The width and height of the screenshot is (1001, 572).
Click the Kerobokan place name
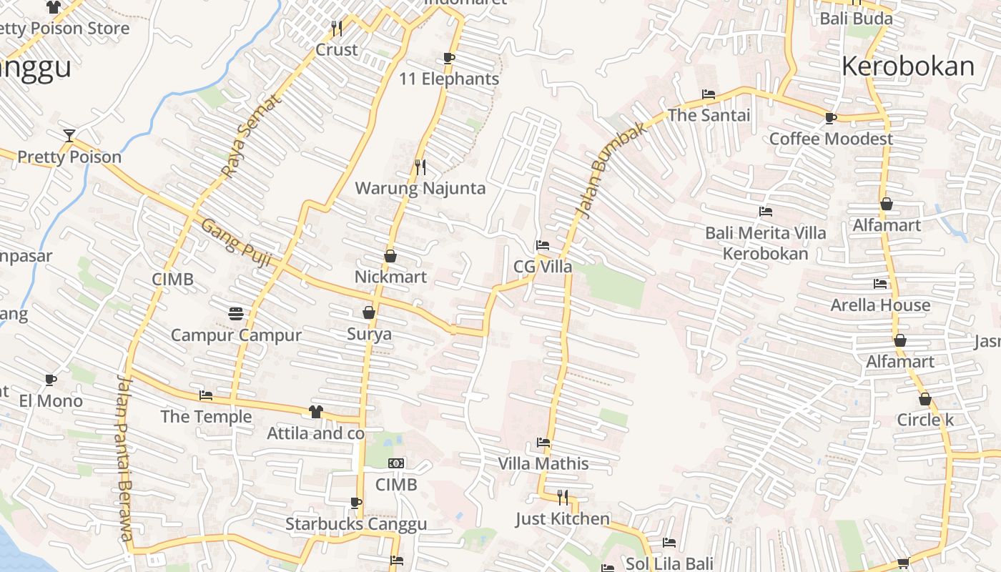tap(907, 66)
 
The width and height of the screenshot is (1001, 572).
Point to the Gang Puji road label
tap(235, 243)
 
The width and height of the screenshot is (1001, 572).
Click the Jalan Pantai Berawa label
tap(124, 458)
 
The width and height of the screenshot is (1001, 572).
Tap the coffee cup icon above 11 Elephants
tap(449, 58)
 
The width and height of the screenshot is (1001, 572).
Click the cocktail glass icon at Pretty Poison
tap(69, 135)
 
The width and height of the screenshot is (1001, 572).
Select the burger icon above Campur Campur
tap(236, 313)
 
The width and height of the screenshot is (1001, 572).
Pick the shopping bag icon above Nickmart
tap(390, 255)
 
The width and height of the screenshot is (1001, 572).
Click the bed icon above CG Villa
tap(543, 245)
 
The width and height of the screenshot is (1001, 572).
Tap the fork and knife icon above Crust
tap(337, 28)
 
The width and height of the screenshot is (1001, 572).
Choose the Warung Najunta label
tap(420, 189)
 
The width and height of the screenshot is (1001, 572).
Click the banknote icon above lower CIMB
tap(396, 463)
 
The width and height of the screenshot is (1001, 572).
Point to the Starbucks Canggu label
tap(356, 524)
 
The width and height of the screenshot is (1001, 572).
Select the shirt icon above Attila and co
tap(315, 411)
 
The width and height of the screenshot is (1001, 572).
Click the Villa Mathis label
tap(543, 463)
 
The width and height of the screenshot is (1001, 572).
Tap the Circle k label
tap(925, 420)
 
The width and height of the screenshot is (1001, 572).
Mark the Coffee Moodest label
tap(831, 139)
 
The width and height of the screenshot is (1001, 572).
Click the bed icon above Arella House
tap(880, 284)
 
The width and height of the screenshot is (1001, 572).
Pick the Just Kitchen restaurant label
tap(563, 518)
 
